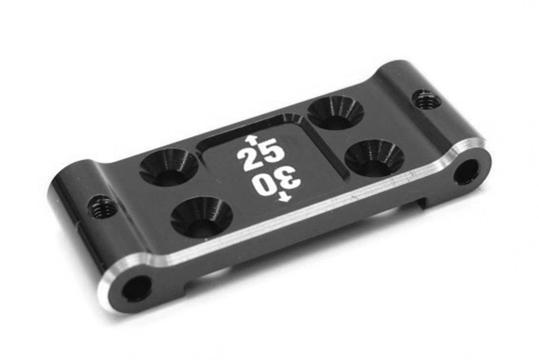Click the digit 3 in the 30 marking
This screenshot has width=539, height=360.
tap(291, 179)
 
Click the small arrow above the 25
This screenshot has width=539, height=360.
tap(249, 139)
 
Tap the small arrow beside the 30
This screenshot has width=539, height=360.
tap(285, 197)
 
